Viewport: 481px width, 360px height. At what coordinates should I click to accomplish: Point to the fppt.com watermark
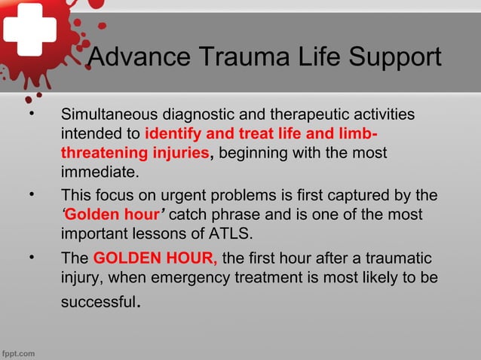pyautogui.click(x=18, y=352)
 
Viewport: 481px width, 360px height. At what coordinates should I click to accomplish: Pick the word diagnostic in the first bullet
pyautogui.click(x=199, y=116)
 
